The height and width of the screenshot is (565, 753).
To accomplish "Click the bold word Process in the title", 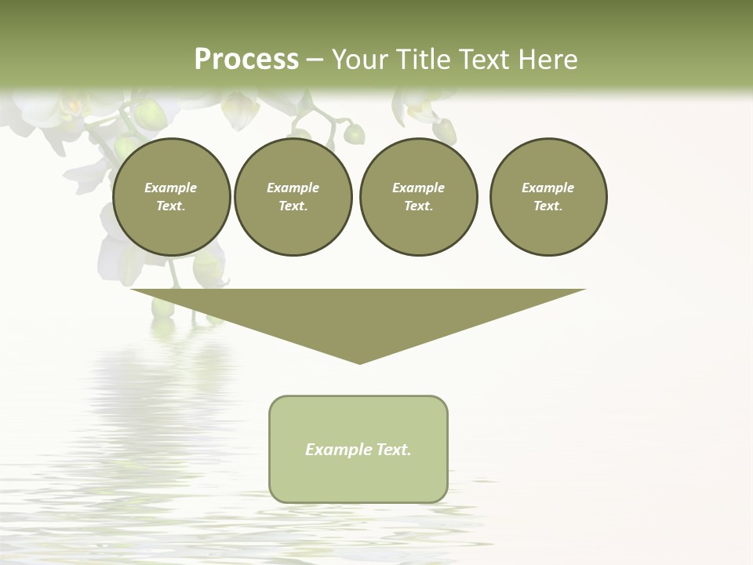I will click(246, 60).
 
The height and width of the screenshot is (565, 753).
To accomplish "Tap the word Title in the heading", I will click(423, 60).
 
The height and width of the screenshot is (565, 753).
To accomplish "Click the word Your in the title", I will click(360, 60).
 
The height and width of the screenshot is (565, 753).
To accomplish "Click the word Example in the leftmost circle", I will click(171, 188).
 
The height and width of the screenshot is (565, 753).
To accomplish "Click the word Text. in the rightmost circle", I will click(548, 206).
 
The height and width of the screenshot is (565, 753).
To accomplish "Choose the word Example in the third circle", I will click(418, 188).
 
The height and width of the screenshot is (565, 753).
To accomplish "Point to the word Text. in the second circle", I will click(293, 206).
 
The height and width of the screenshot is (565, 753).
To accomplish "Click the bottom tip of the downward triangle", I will click(359, 362).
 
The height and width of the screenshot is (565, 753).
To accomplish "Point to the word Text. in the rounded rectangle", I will click(394, 450).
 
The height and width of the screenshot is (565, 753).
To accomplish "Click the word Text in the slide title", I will click(486, 60).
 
